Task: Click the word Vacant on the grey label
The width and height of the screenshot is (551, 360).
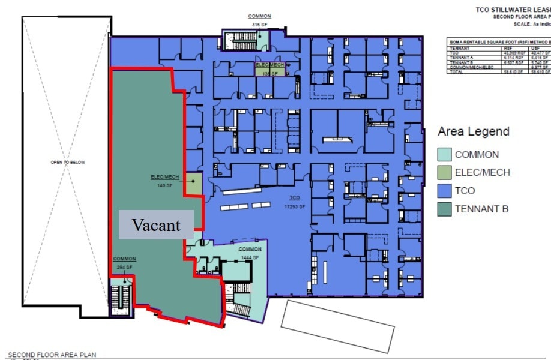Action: [x=156, y=225]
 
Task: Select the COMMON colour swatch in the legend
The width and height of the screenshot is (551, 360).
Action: [x=444, y=154]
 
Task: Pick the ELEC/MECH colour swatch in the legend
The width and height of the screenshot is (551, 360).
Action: [x=444, y=172]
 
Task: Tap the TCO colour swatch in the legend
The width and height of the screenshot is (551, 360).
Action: [x=444, y=191]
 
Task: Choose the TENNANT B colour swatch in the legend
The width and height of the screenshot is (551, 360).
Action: [x=444, y=209]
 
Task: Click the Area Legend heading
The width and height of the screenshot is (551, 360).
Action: [x=473, y=131]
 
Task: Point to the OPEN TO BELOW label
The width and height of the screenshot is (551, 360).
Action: [x=68, y=163]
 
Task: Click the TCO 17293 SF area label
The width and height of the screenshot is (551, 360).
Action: [x=294, y=202]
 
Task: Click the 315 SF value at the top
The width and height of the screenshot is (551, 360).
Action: [x=259, y=24]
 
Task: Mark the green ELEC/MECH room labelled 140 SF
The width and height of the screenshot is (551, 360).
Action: [x=193, y=183]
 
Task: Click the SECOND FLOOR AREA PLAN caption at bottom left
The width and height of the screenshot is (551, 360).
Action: [x=52, y=355]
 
